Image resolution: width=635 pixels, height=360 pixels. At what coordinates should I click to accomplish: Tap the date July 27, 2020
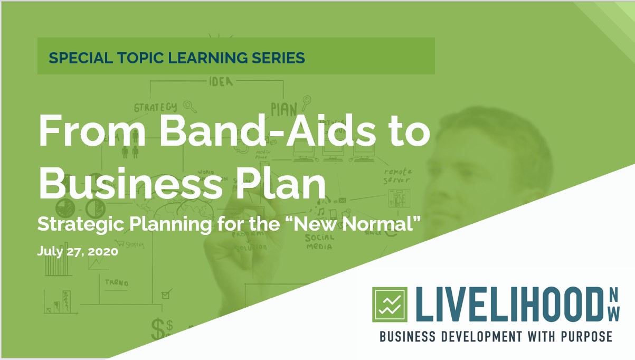[77, 251]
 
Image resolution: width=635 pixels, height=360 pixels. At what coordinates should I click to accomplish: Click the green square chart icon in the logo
[390, 304]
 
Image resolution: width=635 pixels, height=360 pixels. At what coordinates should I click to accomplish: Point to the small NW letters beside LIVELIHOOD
[613, 305]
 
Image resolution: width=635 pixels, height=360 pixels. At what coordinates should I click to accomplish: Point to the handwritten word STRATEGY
[155, 108]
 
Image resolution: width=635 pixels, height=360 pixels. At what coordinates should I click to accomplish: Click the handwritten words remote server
[397, 176]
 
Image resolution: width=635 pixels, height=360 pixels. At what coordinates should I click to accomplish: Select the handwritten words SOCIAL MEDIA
[320, 241]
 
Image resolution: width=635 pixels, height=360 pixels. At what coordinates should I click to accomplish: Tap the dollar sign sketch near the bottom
[158, 328]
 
